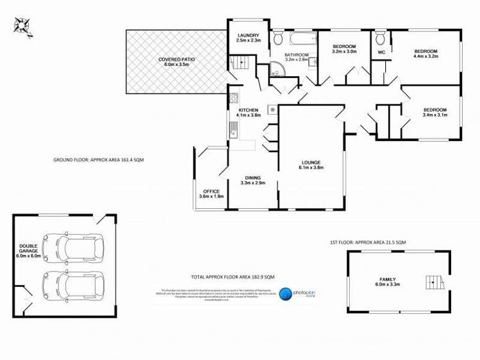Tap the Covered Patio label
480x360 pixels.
click(x=176, y=60)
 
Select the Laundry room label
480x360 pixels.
click(x=247, y=35)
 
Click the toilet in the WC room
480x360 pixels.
click(x=381, y=37)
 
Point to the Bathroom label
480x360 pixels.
click(x=297, y=54)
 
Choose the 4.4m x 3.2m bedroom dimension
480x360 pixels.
click(x=425, y=57)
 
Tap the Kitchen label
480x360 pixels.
click(x=248, y=110)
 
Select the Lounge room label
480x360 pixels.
click(x=311, y=162)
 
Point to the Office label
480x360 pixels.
click(x=211, y=192)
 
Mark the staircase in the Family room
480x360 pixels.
click(x=434, y=282)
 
